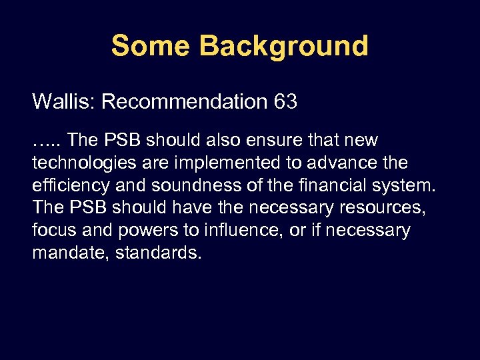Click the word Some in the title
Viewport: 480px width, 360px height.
coord(150,46)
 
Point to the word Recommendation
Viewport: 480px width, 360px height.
coord(185,102)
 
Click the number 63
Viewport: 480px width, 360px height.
coord(285,102)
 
